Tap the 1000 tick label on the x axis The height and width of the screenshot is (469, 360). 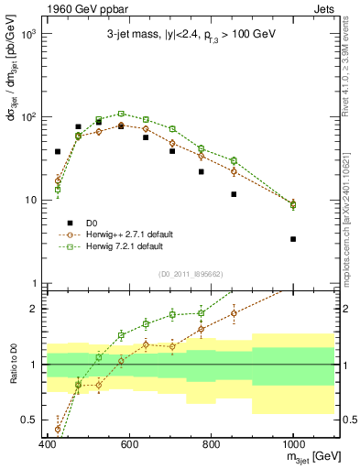[x=293, y=443]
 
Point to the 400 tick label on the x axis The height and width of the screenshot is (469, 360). [x=48, y=443]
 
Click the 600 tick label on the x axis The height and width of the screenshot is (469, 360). [x=129, y=443]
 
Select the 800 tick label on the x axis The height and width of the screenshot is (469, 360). [x=212, y=443]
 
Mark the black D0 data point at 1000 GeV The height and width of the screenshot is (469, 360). [x=293, y=239]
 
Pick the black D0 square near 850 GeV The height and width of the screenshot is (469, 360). [x=235, y=194]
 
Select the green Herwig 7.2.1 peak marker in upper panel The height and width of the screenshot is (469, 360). [x=121, y=115]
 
